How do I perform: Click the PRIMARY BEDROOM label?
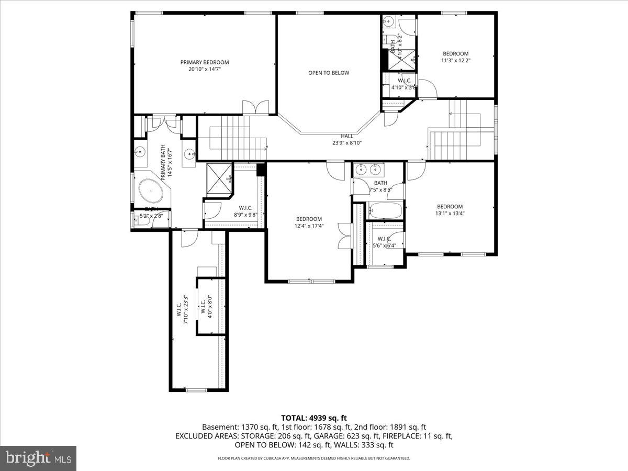(x=205, y=65)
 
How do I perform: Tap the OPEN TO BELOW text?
(x=328, y=73)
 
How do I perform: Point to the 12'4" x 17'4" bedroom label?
(x=309, y=222)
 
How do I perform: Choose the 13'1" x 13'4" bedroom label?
(x=450, y=210)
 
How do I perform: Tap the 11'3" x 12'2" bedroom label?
(x=455, y=57)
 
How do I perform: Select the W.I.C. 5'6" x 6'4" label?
(x=385, y=242)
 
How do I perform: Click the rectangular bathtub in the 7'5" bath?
(x=385, y=211)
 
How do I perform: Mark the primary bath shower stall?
(x=219, y=179)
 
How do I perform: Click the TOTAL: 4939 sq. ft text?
(x=314, y=418)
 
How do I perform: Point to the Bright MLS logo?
(x=38, y=458)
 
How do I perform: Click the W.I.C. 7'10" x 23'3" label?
(x=182, y=312)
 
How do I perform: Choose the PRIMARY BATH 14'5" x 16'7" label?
(x=166, y=163)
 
